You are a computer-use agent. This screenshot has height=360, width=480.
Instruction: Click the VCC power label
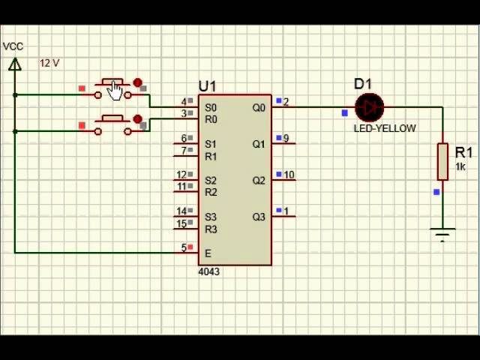[x=13, y=46]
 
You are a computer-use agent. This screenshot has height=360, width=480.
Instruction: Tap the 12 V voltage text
[x=49, y=63]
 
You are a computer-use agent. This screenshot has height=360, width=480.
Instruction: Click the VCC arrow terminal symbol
[x=15, y=64]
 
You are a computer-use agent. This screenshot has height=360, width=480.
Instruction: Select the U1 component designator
[x=207, y=86]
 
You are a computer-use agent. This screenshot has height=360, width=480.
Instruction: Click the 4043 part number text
[x=208, y=271]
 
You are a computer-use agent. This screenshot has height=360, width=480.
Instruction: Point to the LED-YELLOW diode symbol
[x=370, y=107]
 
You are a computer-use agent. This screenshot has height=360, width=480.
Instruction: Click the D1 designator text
[x=363, y=84]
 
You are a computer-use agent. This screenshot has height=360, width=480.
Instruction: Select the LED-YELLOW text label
[x=385, y=128]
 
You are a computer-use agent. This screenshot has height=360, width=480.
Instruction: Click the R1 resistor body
[x=442, y=161]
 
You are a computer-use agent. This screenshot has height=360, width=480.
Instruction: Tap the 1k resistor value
[x=460, y=166]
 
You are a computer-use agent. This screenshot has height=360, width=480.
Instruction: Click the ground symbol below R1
[x=442, y=235]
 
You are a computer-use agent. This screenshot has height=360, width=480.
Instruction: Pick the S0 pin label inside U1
[x=211, y=108]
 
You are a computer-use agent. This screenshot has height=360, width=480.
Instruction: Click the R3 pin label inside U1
[x=211, y=229]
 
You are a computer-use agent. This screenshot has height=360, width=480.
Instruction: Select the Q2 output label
[x=259, y=181]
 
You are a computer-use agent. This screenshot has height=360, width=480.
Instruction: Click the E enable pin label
[x=208, y=253]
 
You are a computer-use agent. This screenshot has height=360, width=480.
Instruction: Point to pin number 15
[x=181, y=223]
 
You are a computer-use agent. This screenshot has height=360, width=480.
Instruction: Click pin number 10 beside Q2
[x=289, y=175]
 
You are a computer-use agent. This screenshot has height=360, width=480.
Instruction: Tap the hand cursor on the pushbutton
[x=115, y=91]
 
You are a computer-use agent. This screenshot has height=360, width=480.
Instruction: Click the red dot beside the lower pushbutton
[x=138, y=119]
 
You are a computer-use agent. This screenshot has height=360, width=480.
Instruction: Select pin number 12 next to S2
[x=181, y=175]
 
